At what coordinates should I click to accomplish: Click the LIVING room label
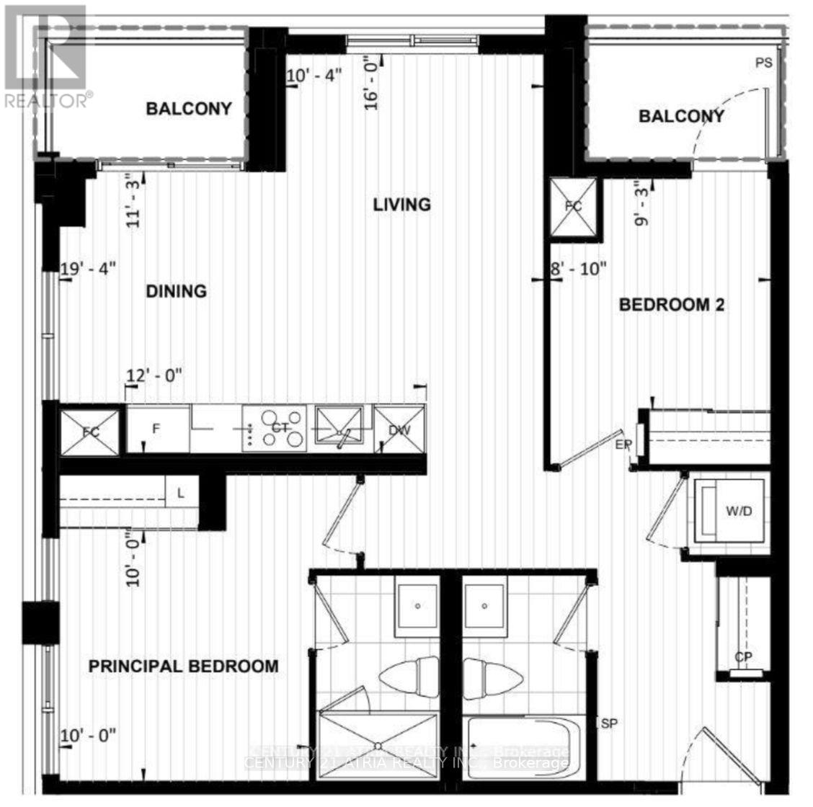pos(401,205)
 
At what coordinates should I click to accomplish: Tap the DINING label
pos(177,291)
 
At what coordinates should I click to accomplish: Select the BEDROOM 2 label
pos(672,305)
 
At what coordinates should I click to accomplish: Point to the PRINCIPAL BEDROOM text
pos(183,666)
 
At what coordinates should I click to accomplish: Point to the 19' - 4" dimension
pos(89,269)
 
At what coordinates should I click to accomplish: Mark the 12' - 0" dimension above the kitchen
pos(155,375)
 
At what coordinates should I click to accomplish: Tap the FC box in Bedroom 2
pos(574,206)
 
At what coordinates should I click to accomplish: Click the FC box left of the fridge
pos(90,432)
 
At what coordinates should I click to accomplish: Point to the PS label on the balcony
pos(763,63)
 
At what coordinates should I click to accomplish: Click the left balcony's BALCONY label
pos(189,109)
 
